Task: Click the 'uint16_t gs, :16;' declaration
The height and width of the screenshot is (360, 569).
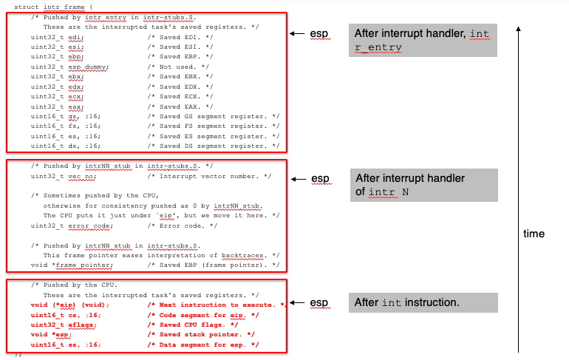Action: (66, 116)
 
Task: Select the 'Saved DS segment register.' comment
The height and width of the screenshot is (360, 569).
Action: (214, 146)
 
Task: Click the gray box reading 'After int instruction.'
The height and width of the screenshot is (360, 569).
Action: (407, 302)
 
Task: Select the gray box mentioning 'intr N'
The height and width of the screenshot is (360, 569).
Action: (423, 185)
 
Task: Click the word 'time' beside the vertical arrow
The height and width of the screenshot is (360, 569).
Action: (534, 234)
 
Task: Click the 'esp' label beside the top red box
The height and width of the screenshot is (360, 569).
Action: (319, 34)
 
